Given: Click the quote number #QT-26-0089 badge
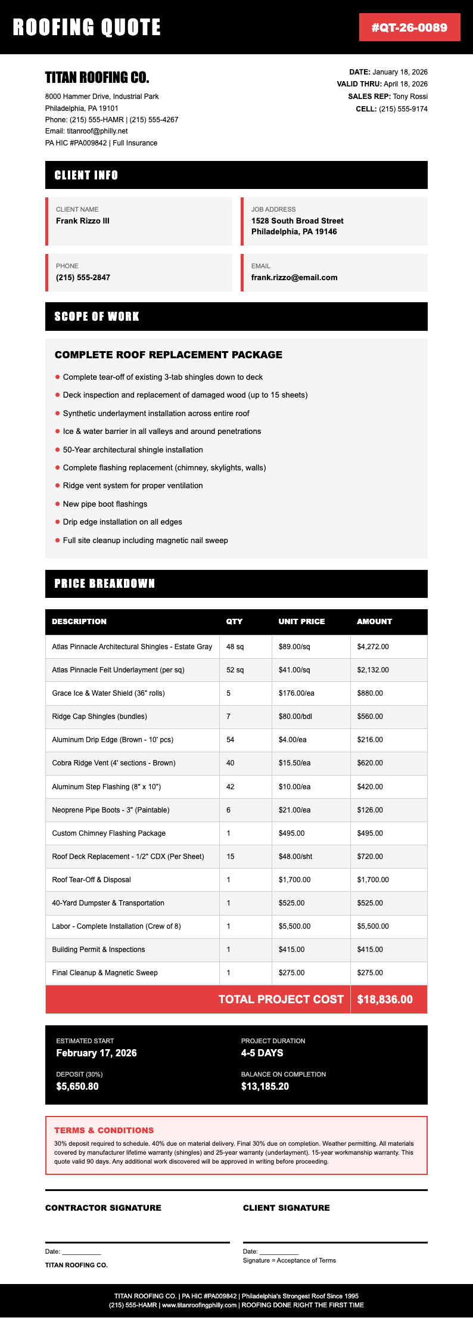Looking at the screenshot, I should [409, 27].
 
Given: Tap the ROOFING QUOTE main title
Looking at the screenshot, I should [87, 27].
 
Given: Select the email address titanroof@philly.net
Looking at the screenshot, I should [97, 131].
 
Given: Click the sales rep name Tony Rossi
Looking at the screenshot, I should [410, 97].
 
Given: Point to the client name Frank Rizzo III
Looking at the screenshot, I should [83, 221].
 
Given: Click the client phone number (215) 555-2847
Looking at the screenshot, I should [83, 278].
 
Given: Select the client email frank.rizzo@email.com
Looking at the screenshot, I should [294, 278].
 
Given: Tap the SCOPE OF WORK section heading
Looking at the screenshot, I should [97, 317].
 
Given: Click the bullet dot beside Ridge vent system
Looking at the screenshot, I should [58, 486].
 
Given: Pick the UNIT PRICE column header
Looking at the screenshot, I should [301, 622].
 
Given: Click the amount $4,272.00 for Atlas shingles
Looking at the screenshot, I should [373, 647].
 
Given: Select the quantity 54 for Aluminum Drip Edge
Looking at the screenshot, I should [231, 740].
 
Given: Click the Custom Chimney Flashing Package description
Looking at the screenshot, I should [108, 833].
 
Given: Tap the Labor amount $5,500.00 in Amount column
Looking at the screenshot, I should [373, 926].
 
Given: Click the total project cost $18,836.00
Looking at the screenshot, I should [385, 1000].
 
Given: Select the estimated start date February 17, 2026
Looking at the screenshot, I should [97, 1053].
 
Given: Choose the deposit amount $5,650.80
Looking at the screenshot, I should [77, 1087].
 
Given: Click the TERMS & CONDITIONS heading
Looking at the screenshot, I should [104, 1130].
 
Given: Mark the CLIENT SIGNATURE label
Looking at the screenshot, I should [286, 1208].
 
